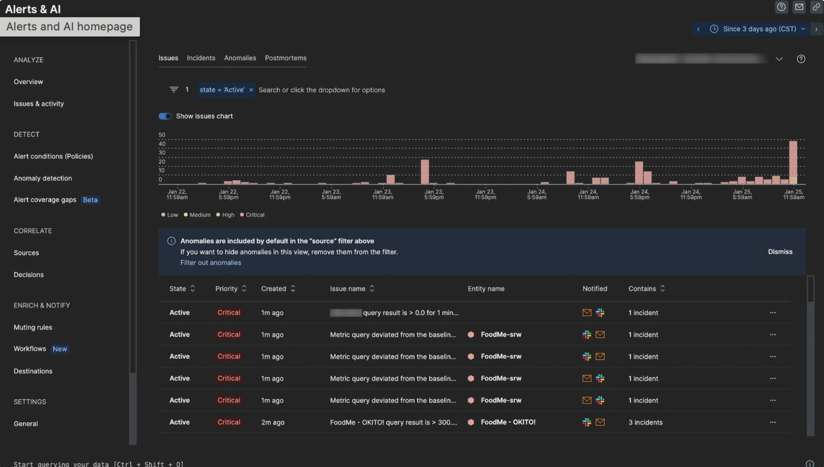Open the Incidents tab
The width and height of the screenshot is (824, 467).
(x=200, y=58)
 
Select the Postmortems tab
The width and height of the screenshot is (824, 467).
(x=285, y=58)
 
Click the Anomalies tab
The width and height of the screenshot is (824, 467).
(x=240, y=58)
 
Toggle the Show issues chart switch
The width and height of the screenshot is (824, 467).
(x=165, y=116)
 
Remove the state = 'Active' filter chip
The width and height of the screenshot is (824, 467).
(x=251, y=90)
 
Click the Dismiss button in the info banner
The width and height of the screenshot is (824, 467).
(x=779, y=252)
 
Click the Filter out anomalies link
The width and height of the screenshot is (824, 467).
(x=210, y=263)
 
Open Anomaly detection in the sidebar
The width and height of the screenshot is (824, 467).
(x=43, y=178)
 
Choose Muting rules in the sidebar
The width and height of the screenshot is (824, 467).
(x=33, y=327)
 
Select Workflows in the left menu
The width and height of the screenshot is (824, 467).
(x=30, y=349)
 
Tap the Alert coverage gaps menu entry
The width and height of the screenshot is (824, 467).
(x=45, y=200)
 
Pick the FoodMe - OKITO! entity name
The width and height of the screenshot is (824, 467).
(x=508, y=422)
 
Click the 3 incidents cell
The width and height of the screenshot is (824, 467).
(x=645, y=422)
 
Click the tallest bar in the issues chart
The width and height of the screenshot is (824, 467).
(x=793, y=161)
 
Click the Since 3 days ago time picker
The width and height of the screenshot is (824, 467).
(x=759, y=29)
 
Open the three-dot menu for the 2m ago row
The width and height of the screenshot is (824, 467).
(x=772, y=422)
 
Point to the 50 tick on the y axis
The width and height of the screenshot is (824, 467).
(x=161, y=135)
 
